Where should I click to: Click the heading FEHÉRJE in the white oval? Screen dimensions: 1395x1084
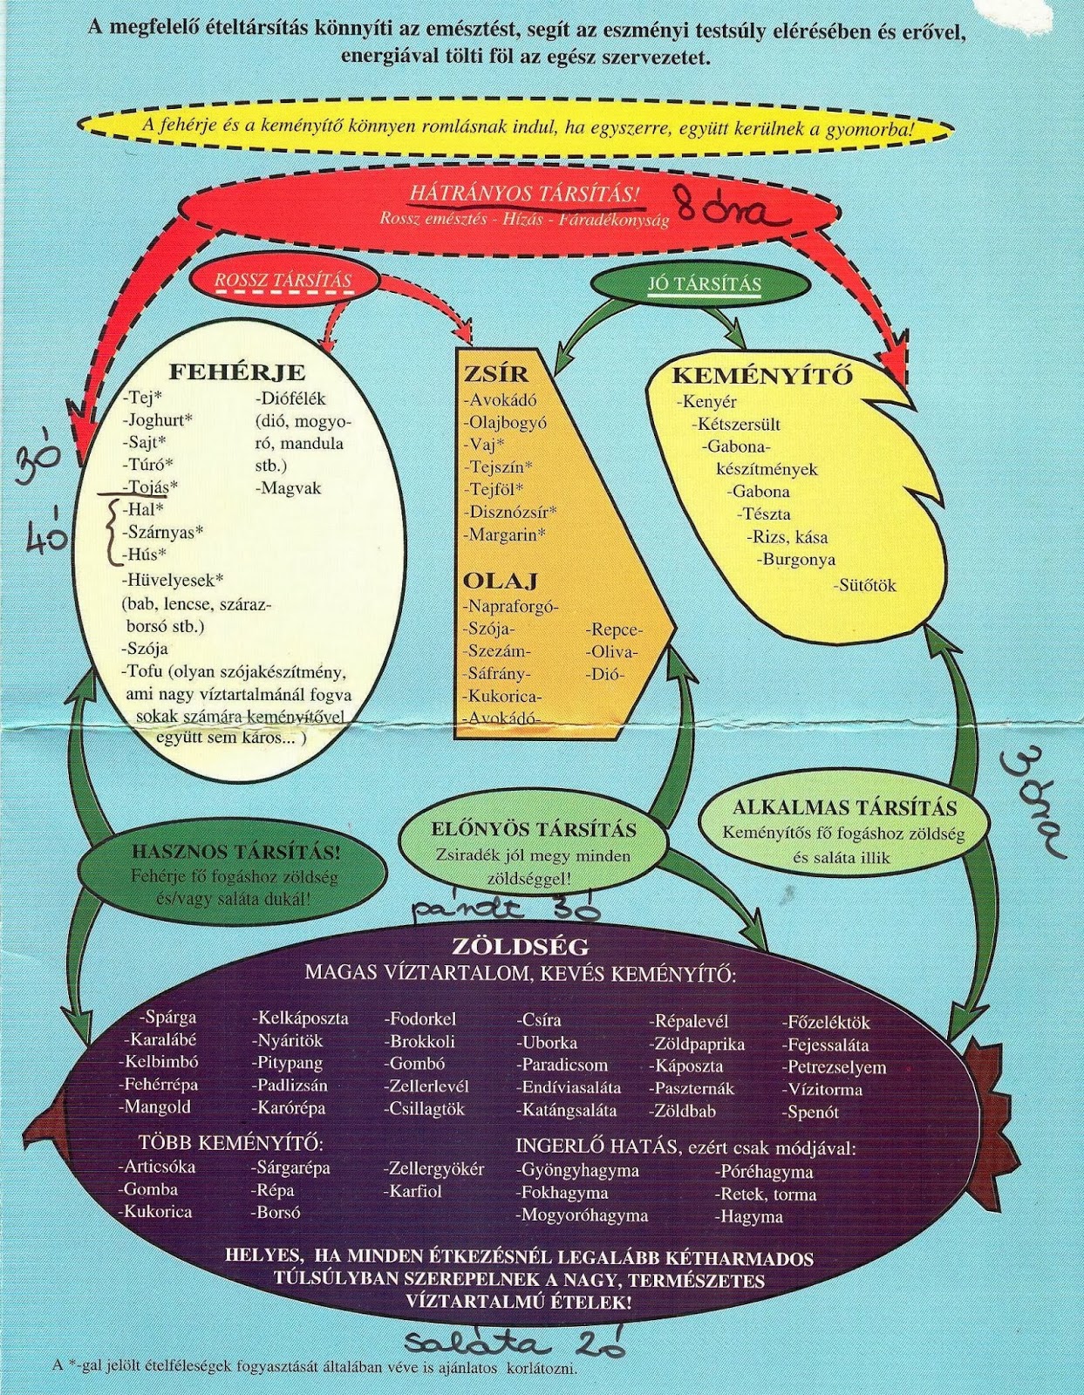coord(236,372)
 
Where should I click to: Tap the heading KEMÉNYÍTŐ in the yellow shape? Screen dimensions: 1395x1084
coord(761,377)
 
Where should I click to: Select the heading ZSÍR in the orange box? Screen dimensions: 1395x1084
coord(496,374)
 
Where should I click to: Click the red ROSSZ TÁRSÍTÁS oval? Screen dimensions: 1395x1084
coord(283,281)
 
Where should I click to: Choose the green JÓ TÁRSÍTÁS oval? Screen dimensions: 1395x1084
coord(704,284)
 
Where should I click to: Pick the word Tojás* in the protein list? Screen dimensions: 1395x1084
coord(152,487)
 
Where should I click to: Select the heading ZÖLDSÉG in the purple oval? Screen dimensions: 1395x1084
coord(520,946)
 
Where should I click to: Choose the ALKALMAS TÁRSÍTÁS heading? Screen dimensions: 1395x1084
coord(844,808)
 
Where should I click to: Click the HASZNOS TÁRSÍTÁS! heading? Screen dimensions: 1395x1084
coord(235,853)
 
